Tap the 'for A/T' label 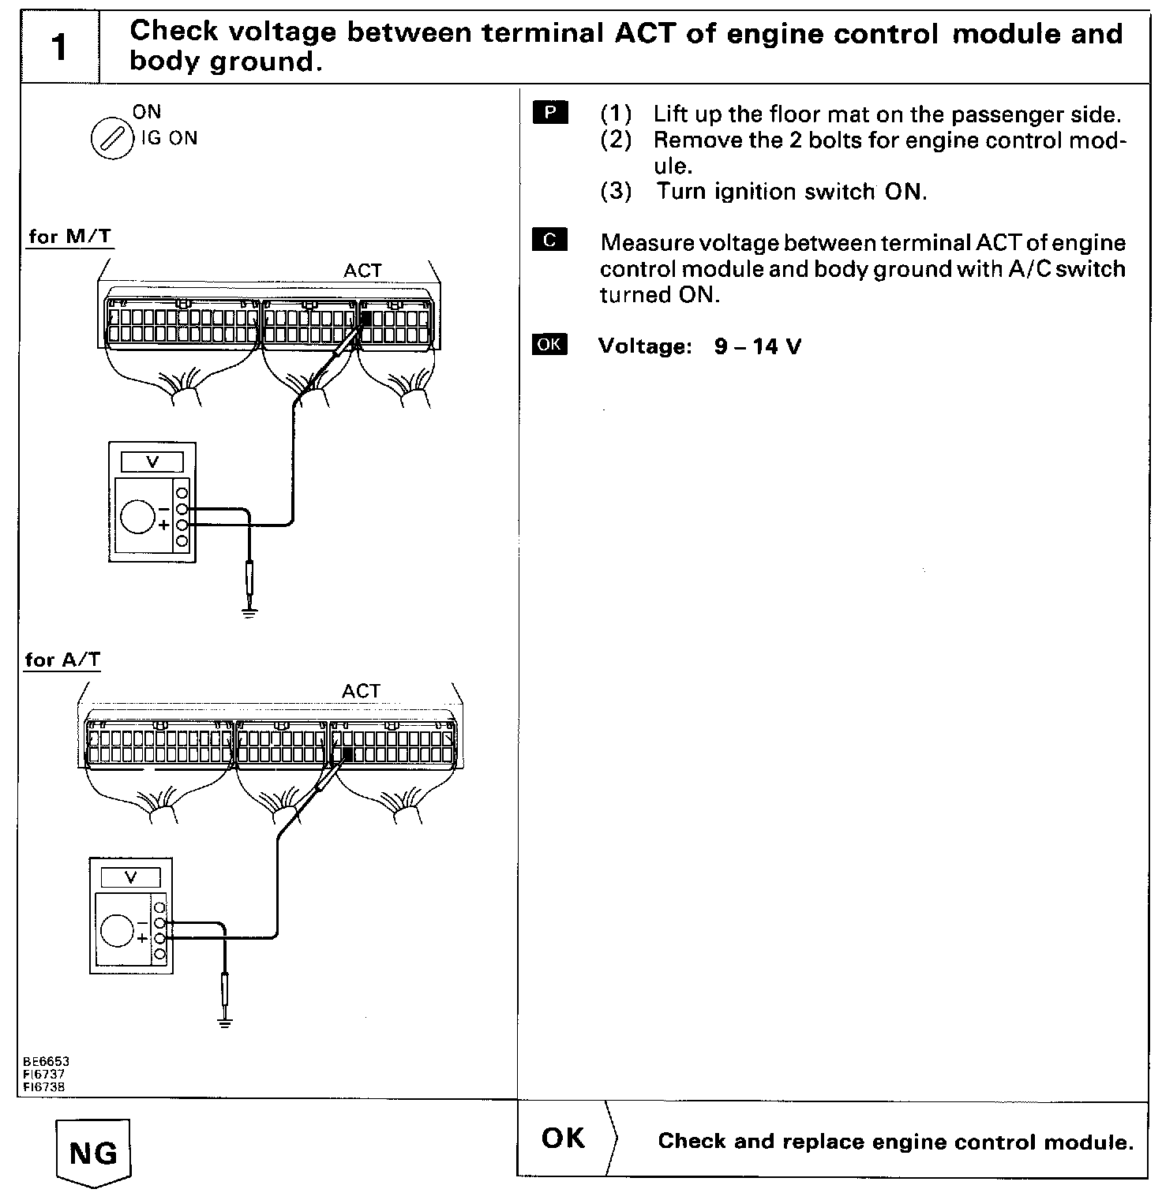[x=63, y=660]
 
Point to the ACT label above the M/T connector [x=362, y=271]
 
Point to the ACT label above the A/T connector [x=361, y=691]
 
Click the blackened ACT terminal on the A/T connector [x=347, y=754]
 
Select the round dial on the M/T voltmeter [x=138, y=517]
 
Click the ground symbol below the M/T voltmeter [x=250, y=611]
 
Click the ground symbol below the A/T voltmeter [x=225, y=1024]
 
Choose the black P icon [x=550, y=113]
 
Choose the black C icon [x=550, y=240]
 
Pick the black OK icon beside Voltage [x=549, y=345]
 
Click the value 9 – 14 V [x=757, y=346]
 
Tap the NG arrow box [x=94, y=1154]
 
